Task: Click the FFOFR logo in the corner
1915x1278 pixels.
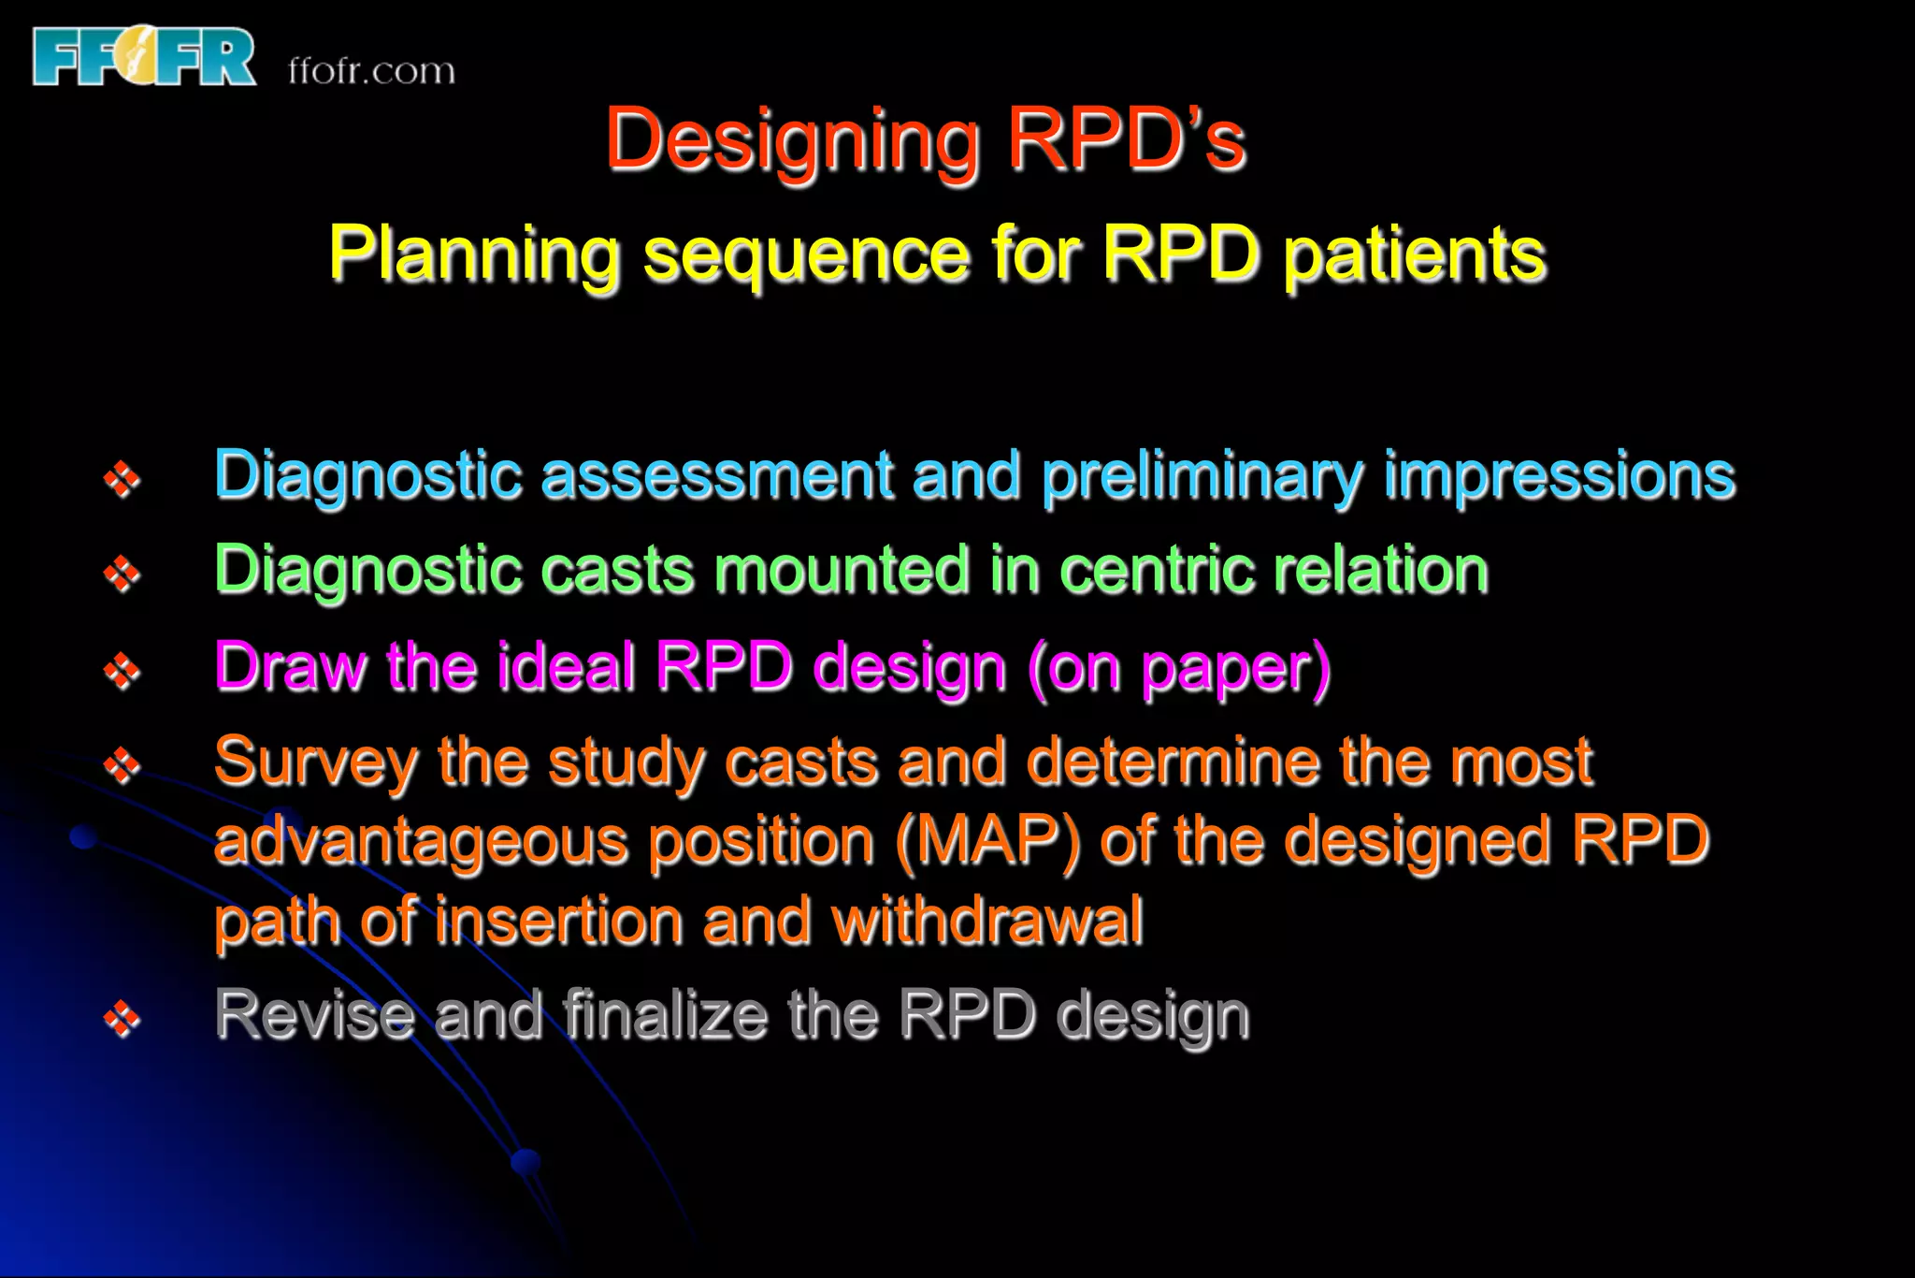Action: [x=144, y=57]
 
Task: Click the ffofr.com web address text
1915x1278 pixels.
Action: [x=371, y=71]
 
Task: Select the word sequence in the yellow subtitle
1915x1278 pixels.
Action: [x=806, y=254]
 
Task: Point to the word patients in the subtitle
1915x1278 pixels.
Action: [x=1415, y=254]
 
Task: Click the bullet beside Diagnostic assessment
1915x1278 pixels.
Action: [x=122, y=479]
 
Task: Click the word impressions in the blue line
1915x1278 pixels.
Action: [x=1560, y=475]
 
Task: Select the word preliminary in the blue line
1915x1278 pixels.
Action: [x=1202, y=477]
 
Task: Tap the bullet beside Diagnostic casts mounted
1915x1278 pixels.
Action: [x=122, y=574]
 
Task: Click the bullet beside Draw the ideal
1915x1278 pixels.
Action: [x=122, y=670]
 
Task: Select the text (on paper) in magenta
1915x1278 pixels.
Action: [x=1178, y=668]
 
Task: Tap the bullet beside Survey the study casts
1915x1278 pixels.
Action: [x=122, y=765]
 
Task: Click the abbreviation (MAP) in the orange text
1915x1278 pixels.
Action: [x=987, y=840]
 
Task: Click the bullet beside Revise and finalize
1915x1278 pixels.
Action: [x=122, y=1018]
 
